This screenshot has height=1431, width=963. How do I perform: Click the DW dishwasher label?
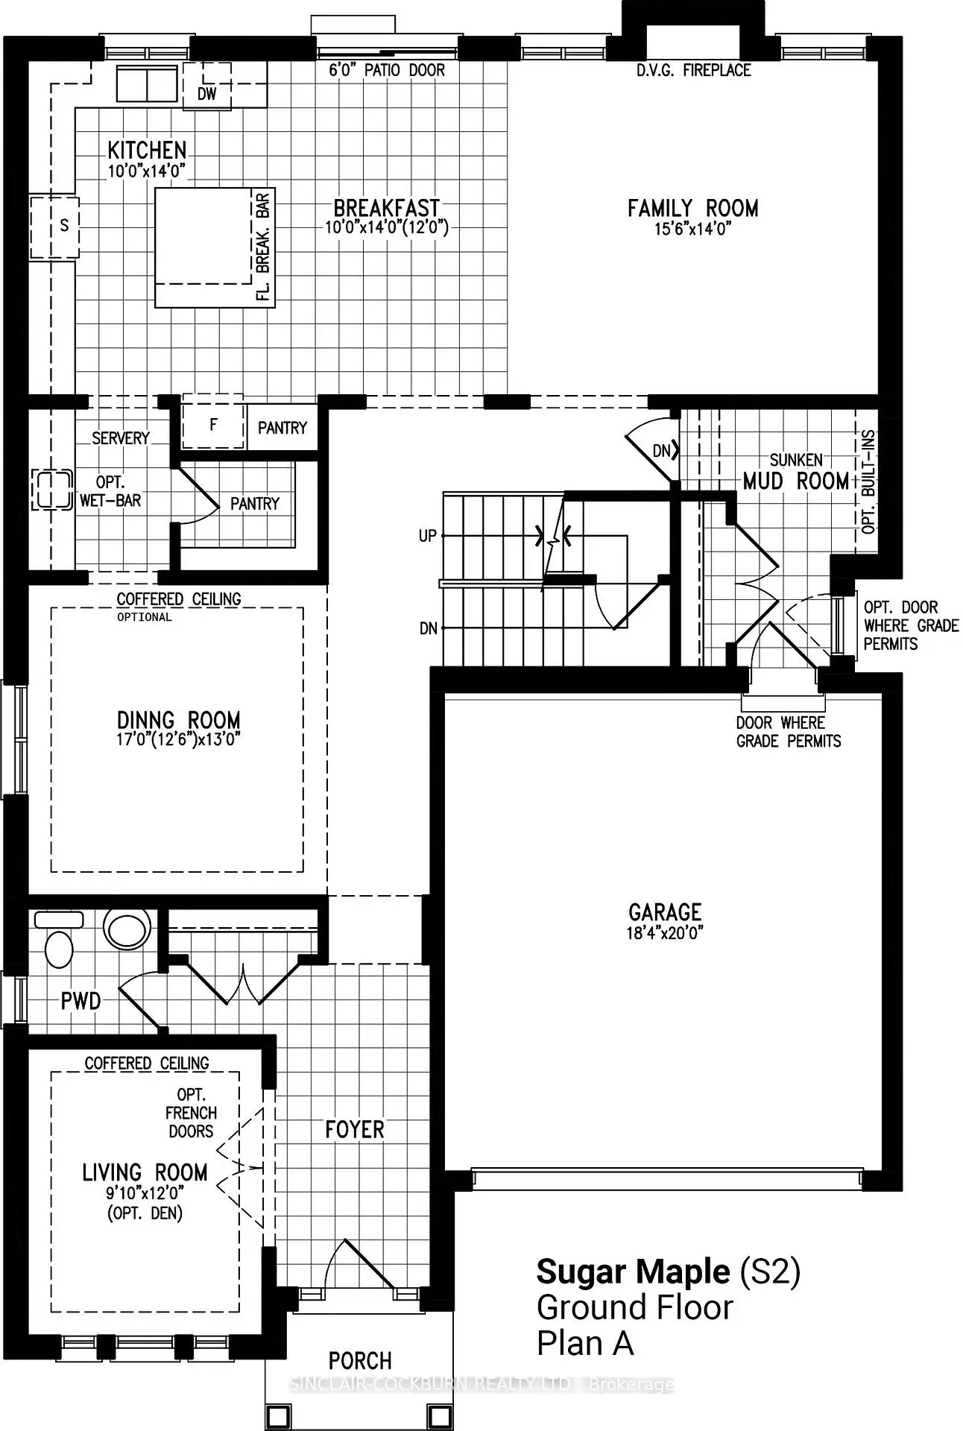pos(207,94)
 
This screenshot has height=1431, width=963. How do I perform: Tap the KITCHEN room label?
pos(147,150)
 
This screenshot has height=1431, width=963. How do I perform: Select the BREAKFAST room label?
pos(386,208)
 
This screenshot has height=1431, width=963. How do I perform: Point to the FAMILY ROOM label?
pos(693,208)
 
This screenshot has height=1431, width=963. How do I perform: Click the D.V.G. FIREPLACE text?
pos(694,71)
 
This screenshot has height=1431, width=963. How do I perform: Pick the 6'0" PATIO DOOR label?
pos(387,71)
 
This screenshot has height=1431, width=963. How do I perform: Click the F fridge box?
pos(214,426)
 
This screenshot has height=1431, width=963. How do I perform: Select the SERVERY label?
pos(121,438)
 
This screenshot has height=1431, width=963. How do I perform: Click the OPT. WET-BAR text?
pos(110,492)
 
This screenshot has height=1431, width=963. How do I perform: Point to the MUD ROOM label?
pos(796,481)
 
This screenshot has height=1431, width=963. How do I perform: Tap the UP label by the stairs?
pos(428,536)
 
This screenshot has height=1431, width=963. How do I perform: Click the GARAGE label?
pos(665,912)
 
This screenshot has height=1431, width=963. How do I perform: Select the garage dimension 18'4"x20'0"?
pos(665,933)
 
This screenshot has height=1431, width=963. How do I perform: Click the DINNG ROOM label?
pos(179,721)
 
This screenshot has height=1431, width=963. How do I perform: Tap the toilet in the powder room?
pos(59,941)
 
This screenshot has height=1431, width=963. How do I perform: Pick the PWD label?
pos(80,1001)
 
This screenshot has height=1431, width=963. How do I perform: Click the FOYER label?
pos(355,1130)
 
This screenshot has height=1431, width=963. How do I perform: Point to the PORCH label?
pos(360,1362)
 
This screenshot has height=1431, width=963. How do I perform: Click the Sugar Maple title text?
pos(633,1272)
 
